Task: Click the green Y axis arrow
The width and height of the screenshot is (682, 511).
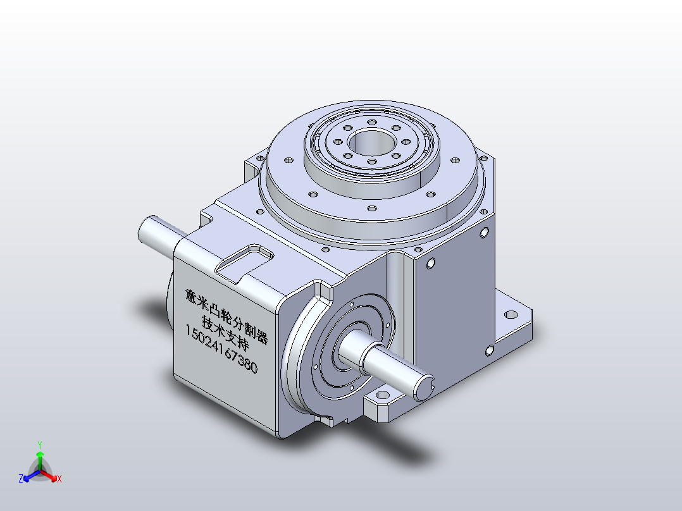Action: click(40, 460)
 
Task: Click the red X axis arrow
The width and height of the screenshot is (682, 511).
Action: click(48, 475)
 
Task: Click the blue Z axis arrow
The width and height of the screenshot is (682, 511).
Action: click(32, 476)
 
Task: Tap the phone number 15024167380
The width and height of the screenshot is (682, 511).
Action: click(221, 349)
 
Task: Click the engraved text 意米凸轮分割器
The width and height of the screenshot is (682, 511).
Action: click(226, 316)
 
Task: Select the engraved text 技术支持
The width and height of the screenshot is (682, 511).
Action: click(225, 333)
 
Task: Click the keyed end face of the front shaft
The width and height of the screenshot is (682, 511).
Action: click(423, 388)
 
